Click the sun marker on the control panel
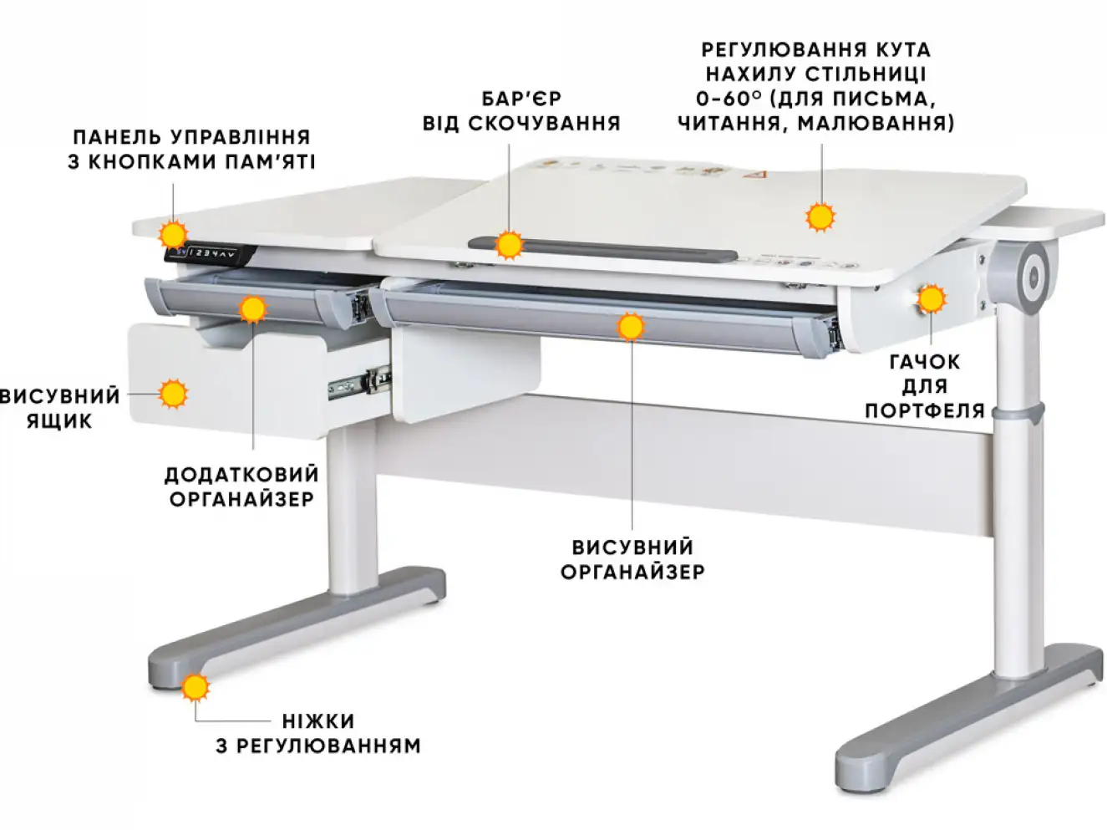click(173, 233)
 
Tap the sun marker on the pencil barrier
click(508, 246)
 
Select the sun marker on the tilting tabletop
click(820, 216)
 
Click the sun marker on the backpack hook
click(931, 298)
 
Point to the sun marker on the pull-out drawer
click(173, 394)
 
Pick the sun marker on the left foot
click(196, 687)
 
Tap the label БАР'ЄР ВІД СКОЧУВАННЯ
click(521, 111)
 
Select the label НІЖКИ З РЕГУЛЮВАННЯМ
click(318, 733)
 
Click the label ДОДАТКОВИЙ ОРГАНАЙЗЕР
click(241, 486)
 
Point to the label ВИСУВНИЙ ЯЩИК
click(60, 408)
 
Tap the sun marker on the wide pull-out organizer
click(631, 326)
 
